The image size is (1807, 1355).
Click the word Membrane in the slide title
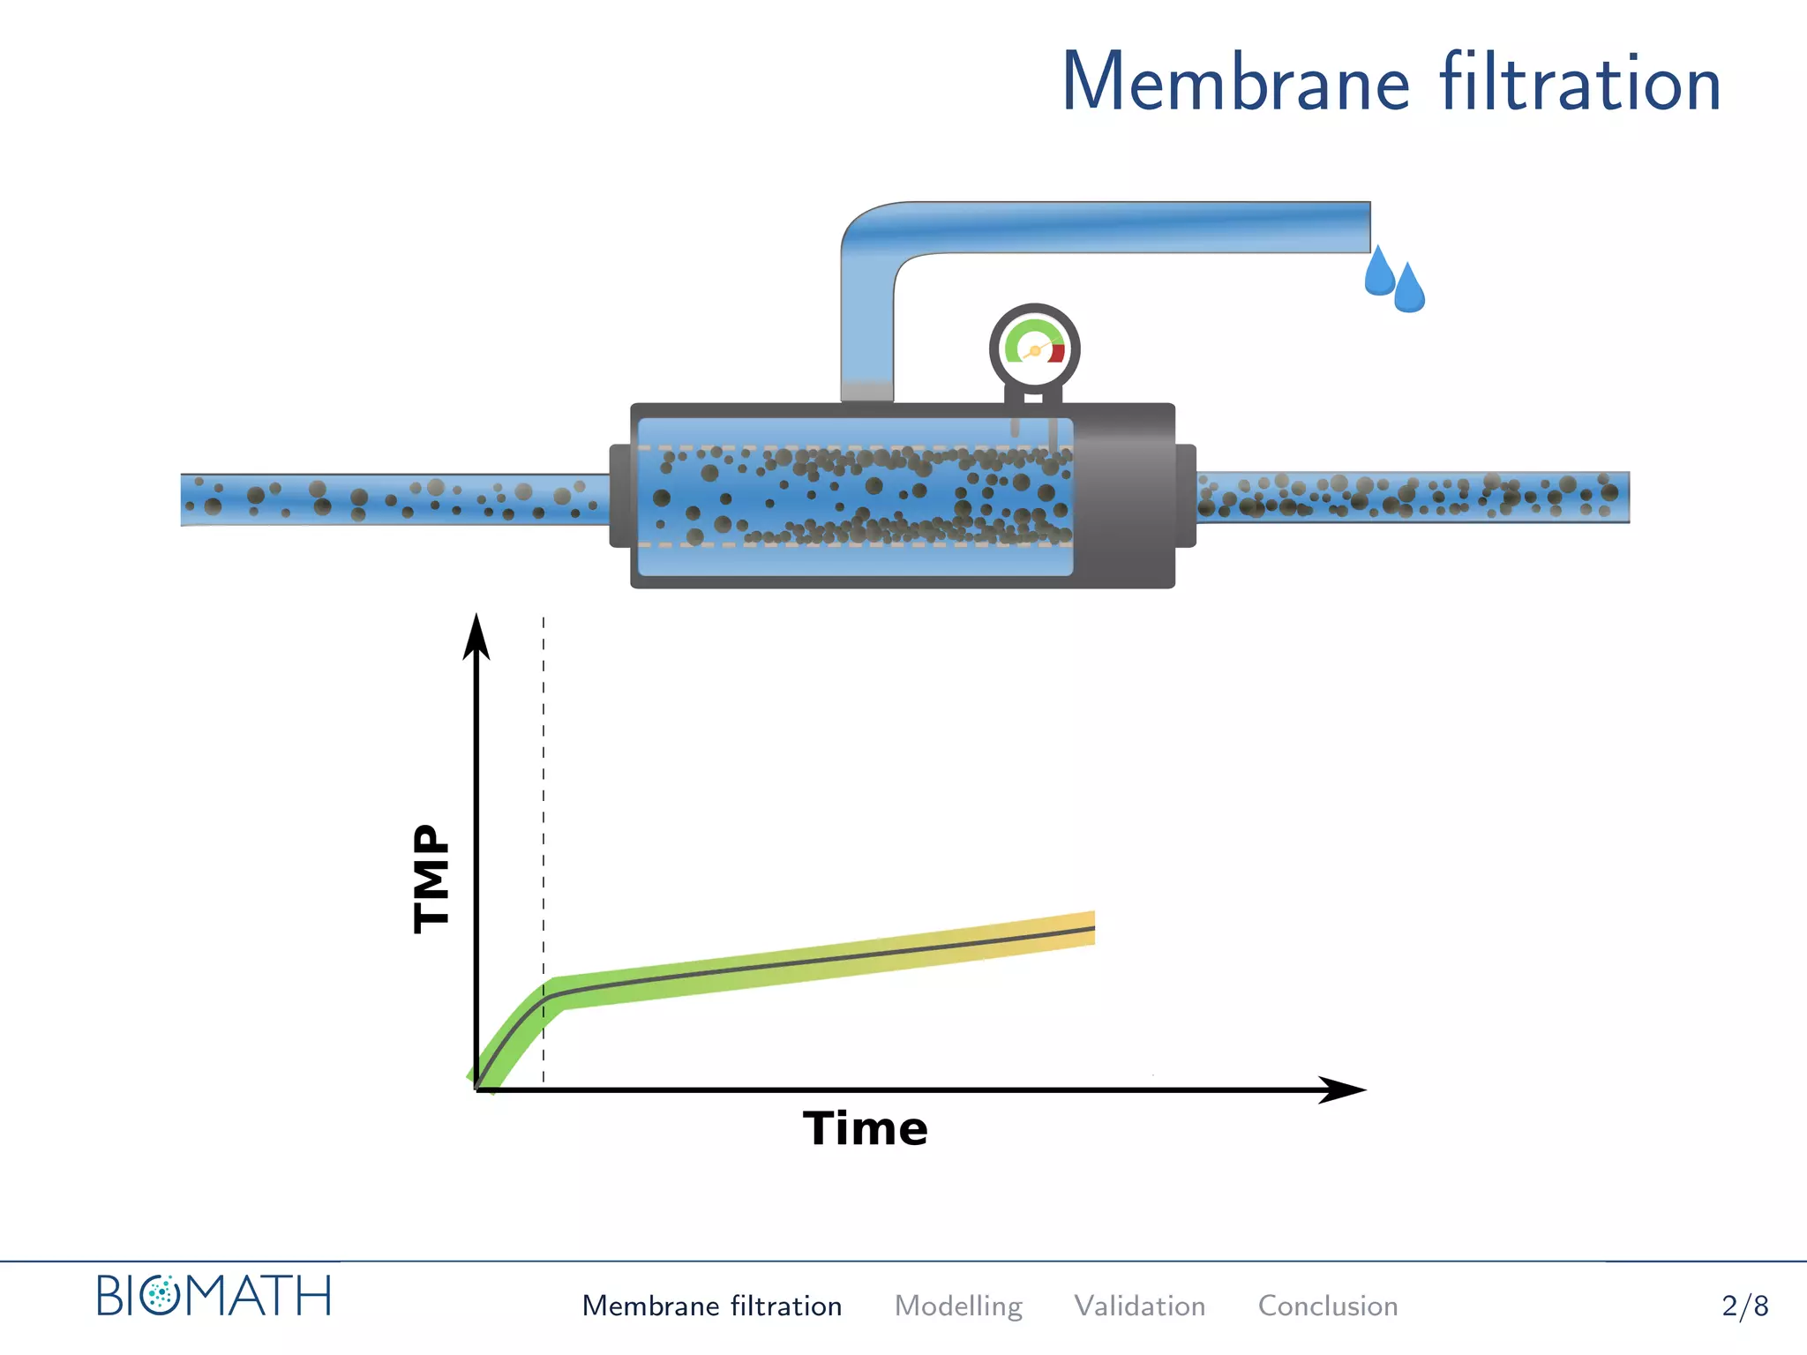(1235, 84)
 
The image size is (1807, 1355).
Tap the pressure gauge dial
(1034, 348)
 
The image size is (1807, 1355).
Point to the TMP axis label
(431, 878)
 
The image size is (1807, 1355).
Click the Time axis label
(865, 1128)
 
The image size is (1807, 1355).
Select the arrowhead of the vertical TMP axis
(476, 637)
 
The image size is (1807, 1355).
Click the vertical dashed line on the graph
(544, 794)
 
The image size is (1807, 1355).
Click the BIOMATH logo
(214, 1296)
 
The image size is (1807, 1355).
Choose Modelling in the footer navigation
(958, 1306)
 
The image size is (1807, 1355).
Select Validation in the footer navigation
(1139, 1306)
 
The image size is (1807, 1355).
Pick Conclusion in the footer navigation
(1327, 1306)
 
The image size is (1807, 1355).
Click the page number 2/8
(1744, 1306)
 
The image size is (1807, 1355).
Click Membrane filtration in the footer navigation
(711, 1306)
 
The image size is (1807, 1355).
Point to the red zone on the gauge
(1057, 353)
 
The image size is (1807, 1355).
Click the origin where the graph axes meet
(477, 1089)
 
